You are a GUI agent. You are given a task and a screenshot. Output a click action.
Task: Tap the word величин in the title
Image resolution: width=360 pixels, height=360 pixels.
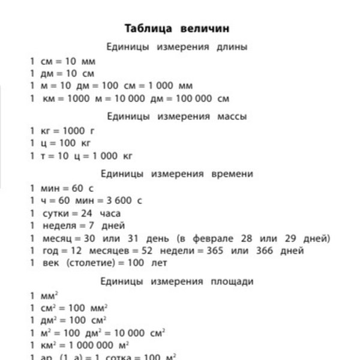[205, 28]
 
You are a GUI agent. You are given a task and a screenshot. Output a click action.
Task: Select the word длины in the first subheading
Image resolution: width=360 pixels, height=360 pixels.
[233, 47]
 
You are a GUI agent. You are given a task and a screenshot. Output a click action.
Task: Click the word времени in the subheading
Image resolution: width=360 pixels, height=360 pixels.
[232, 174]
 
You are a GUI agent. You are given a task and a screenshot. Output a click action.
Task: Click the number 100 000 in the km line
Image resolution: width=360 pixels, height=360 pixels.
[191, 99]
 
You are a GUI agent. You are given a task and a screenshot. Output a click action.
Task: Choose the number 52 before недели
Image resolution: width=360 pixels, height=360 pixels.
[152, 251]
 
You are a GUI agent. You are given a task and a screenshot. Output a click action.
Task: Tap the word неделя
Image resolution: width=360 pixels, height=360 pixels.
[59, 226]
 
